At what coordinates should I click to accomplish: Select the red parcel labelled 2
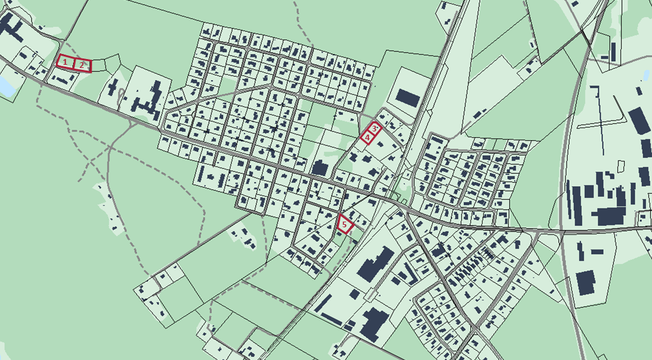pos(83,64)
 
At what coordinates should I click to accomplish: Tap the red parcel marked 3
pos(375,128)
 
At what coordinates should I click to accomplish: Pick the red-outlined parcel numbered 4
pos(367,137)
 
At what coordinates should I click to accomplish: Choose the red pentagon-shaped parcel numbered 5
pos(345,224)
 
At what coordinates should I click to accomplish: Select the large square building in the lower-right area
pos(585,281)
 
